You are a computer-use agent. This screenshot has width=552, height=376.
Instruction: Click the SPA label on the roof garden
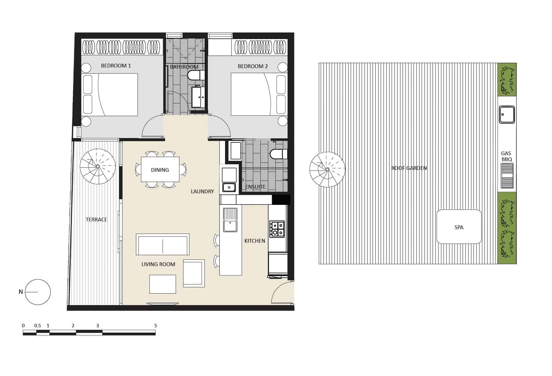pyautogui.click(x=459, y=227)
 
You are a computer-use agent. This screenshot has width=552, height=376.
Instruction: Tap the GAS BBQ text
pyautogui.click(x=506, y=156)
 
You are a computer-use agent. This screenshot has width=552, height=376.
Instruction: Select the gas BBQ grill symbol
pyautogui.click(x=507, y=176)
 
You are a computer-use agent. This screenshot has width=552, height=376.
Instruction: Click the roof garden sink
pyautogui.click(x=507, y=115)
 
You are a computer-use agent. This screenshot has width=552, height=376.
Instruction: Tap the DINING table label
pyautogui.click(x=160, y=170)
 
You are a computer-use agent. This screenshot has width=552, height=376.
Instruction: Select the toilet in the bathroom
pyautogui.click(x=196, y=75)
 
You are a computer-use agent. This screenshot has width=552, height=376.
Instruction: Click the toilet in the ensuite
pyautogui.click(x=278, y=154)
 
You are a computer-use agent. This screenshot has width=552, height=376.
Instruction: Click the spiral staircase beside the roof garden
pyautogui.click(x=327, y=170)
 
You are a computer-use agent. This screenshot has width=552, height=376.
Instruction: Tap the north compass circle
pyautogui.click(x=38, y=292)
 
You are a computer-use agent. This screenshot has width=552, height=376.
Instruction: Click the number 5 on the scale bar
pyautogui.click(x=155, y=326)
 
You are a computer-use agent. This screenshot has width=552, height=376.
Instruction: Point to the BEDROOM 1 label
pyautogui.click(x=116, y=66)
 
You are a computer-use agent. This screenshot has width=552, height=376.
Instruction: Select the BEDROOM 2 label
pyautogui.click(x=253, y=66)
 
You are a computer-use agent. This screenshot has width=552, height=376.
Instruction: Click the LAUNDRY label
pyautogui.click(x=202, y=191)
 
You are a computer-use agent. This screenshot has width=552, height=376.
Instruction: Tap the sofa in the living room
pyautogui.click(x=163, y=244)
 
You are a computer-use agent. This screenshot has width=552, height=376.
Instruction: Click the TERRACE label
pyautogui.click(x=96, y=220)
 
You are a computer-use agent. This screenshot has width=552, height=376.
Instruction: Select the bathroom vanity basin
pyautogui.click(x=198, y=97)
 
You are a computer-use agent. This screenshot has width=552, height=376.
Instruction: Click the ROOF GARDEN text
pyautogui.click(x=409, y=168)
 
